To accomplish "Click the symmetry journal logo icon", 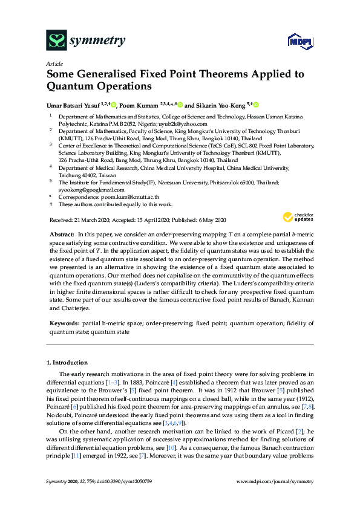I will tap(56, 41).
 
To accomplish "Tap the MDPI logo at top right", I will tap(298, 41).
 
